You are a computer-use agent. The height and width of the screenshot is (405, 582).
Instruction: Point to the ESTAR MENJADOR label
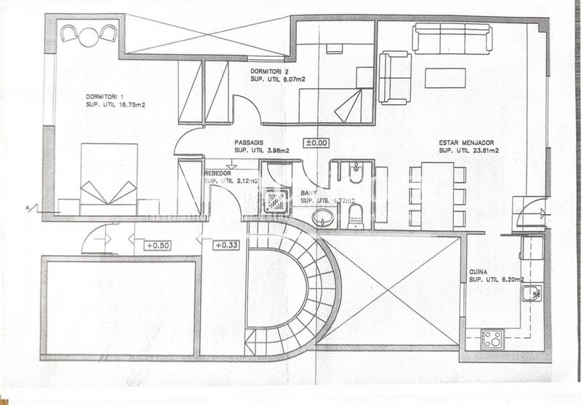465,143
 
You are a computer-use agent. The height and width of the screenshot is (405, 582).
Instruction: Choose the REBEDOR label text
219,172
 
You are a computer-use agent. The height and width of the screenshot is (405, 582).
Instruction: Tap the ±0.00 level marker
316,143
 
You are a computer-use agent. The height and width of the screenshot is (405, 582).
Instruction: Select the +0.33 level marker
227,245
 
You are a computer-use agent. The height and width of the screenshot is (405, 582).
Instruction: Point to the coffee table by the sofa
445,78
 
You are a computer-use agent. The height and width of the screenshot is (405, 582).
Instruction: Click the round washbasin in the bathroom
322,217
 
